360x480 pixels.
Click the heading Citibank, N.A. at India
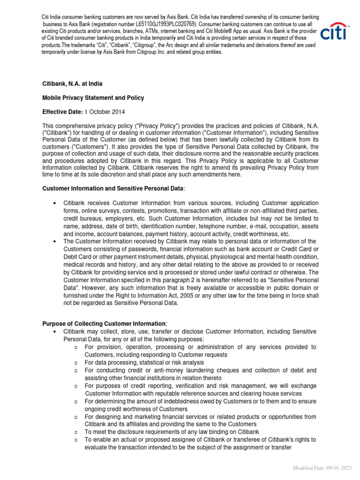72,84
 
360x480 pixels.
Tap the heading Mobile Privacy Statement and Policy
93,98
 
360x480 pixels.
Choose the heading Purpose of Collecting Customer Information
104,324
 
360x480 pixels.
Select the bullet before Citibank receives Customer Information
55,203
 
